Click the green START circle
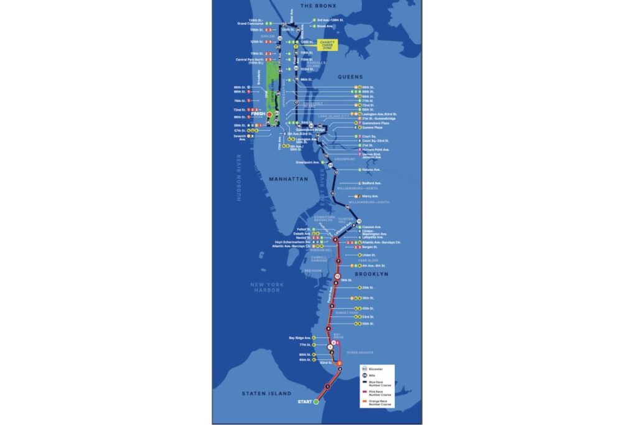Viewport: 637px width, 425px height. (316, 402)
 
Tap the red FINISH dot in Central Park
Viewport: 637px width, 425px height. (269, 114)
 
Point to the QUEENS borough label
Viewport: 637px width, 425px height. (350, 77)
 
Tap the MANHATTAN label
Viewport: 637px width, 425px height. (288, 179)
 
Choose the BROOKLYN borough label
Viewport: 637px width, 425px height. (371, 274)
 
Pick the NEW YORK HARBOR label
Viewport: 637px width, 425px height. (267, 287)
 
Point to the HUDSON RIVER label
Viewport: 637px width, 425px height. (238, 177)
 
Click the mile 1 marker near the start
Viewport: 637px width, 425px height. (328, 386)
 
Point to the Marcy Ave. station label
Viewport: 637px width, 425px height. (370, 196)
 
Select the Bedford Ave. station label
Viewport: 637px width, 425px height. (371, 183)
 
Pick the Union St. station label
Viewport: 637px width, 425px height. (368, 255)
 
